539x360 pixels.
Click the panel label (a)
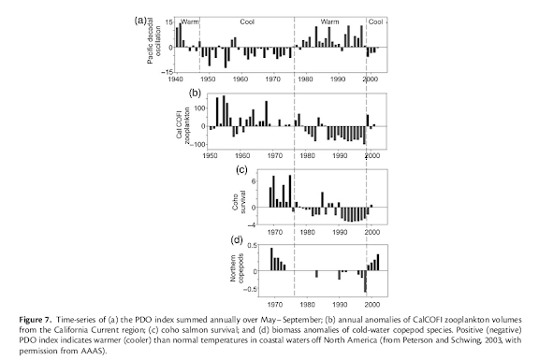pos(140,21)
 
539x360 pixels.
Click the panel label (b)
pos(195,93)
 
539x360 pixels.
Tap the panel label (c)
pos(241,169)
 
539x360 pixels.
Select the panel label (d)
pos(237,239)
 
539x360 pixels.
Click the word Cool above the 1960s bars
pos(247,22)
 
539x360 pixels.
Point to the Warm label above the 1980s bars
pos(329,22)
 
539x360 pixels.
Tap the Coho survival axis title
pos(239,202)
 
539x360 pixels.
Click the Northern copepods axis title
pos(237,268)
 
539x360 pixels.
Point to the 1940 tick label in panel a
pos(175,79)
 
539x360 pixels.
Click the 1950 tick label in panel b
pos(210,156)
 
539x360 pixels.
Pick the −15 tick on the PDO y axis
pos(168,72)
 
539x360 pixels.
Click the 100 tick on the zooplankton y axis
pos(200,108)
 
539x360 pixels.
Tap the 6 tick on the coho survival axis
pos(254,181)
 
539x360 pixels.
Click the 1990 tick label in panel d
pos(340,304)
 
